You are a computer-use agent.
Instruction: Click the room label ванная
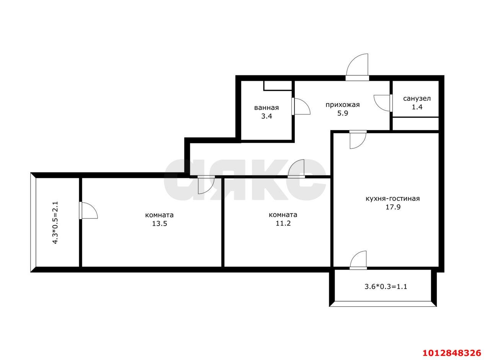tap(266, 108)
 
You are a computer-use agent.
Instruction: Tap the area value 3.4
tap(267, 116)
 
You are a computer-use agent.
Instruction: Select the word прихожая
tap(343, 105)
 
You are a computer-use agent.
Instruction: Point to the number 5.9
tap(343, 113)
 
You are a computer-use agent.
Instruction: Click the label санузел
tap(417, 99)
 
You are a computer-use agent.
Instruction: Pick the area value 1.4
tap(417, 107)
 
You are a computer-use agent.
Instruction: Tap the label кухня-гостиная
tap(393, 199)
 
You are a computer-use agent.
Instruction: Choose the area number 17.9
tap(393, 207)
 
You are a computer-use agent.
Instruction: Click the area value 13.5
tap(160, 224)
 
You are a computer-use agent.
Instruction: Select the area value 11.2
tap(283, 223)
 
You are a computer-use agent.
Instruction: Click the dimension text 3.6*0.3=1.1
tap(386, 287)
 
